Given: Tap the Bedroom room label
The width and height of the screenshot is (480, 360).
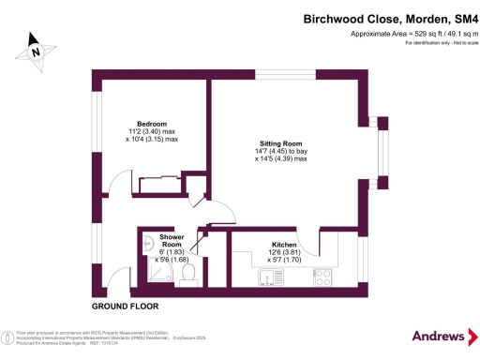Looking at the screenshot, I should click(152, 124).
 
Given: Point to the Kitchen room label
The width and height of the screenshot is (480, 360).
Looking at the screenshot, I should click(284, 242).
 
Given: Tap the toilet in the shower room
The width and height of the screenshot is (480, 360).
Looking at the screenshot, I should click(187, 273).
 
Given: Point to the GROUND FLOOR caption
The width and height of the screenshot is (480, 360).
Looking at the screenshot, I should click(125, 307).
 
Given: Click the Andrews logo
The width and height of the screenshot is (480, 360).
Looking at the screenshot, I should click(439, 336).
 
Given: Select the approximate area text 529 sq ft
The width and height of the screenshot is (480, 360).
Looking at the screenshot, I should click(395, 34).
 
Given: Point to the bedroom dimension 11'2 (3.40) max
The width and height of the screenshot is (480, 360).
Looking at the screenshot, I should click(152, 131).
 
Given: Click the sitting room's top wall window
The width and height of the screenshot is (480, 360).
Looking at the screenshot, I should click(280, 75).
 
